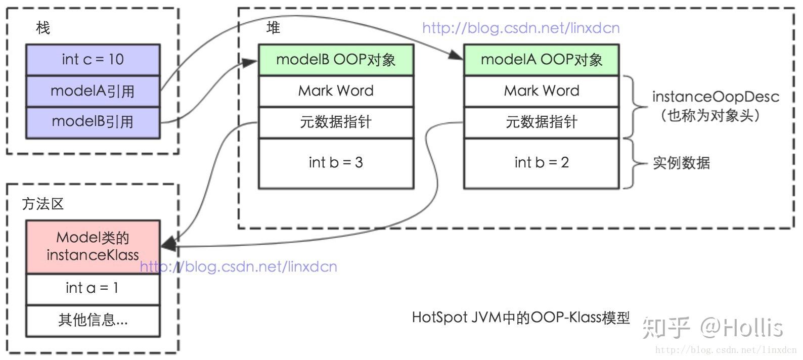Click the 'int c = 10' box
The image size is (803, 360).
pos(93,60)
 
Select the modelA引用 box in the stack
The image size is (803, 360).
pos(93,91)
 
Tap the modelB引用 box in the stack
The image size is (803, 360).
pos(93,122)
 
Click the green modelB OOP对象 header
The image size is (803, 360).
pos(336,60)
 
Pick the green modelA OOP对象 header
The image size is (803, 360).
pos(541,60)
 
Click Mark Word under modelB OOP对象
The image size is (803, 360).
pos(336,91)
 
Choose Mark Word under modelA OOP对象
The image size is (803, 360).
pos(541,91)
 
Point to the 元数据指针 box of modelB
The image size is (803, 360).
pos(336,122)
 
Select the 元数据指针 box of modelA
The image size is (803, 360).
pos(541,122)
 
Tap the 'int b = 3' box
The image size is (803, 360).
pos(336,163)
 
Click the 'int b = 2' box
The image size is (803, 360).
pos(541,163)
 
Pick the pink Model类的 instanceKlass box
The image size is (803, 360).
pos(93,247)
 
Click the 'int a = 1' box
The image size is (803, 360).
pos(93,288)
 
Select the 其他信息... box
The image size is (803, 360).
pos(93,320)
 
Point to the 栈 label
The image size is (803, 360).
pos(43,28)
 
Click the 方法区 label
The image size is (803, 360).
pos(43,204)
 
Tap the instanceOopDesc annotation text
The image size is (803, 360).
pos(715,97)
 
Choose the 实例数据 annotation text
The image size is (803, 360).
pos(681,163)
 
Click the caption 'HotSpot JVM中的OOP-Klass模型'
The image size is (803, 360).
pos(521,318)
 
